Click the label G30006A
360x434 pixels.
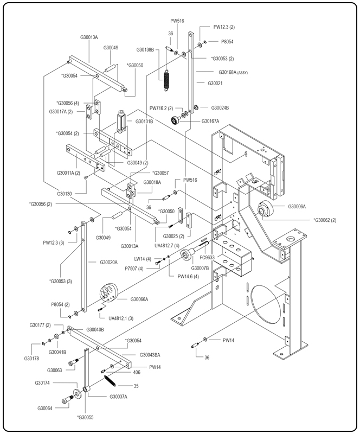[297, 206]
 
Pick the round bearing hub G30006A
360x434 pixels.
[266, 209]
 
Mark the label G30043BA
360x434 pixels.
[150, 355]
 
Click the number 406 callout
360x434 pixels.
[137, 372]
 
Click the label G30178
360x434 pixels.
[33, 358]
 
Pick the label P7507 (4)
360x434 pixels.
[134, 269]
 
